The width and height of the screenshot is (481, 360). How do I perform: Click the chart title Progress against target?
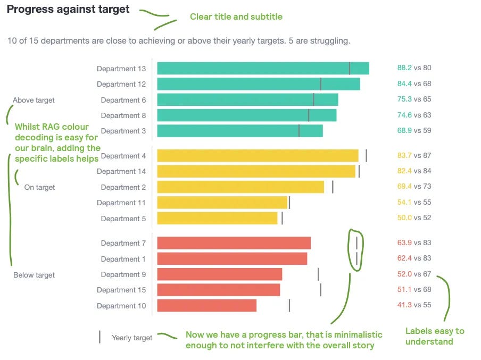click(68, 10)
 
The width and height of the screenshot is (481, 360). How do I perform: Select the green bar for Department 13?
click(263, 68)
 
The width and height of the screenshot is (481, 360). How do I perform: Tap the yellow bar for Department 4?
click(258, 155)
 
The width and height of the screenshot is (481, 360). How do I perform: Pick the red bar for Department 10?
click(207, 306)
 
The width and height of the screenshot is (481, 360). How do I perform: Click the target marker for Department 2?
click(333, 187)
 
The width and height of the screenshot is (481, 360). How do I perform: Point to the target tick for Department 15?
click(320, 290)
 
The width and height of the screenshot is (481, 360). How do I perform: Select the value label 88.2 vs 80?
click(414, 68)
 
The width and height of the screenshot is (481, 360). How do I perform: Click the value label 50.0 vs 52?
click(414, 218)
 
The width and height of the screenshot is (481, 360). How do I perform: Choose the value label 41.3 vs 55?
click(414, 305)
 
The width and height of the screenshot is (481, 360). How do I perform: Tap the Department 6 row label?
click(123, 100)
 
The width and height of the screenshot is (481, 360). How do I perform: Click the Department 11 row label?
click(121, 203)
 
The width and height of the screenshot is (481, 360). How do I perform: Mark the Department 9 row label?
click(123, 274)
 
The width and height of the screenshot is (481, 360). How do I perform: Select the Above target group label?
click(34, 100)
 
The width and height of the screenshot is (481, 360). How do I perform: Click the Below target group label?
click(34, 275)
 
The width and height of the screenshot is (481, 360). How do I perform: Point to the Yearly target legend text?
click(132, 338)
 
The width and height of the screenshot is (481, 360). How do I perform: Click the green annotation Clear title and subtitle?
click(236, 17)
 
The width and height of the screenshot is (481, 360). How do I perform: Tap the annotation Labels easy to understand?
click(435, 336)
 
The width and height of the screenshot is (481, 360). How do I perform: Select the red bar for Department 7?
click(234, 243)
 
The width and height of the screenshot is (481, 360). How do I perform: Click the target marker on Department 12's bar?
click(321, 84)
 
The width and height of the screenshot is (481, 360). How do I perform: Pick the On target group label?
click(39, 187)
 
